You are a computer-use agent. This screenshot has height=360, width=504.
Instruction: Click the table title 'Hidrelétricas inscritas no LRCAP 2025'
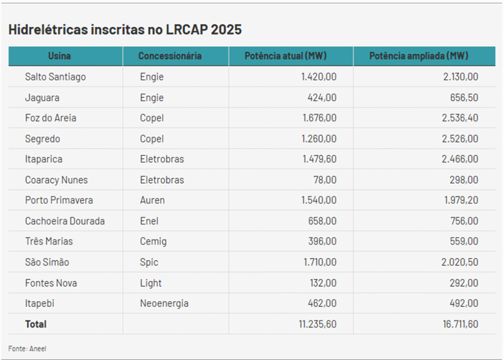coord(125,29)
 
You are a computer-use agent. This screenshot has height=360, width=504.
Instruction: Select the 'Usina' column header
coord(59,56)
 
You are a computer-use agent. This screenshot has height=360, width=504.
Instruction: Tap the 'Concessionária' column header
coord(170,56)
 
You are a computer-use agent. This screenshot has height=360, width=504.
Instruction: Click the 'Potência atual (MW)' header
coord(286,56)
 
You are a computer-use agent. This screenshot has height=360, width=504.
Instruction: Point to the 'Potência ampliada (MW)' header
coord(419,56)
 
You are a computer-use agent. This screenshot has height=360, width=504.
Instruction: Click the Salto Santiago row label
coord(55,77)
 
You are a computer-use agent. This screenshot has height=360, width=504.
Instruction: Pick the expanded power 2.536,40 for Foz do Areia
coord(460,118)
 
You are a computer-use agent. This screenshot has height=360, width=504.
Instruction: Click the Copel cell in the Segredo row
coord(152,139)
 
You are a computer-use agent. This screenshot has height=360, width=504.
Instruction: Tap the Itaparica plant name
coord(44,159)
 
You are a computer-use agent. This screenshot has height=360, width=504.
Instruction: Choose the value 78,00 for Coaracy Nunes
coord(325,180)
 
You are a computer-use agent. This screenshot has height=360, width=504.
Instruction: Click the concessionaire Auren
coord(152,200)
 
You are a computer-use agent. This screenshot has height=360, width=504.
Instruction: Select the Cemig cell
coord(153,241)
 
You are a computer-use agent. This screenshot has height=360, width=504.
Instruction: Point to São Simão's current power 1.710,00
coord(319,262)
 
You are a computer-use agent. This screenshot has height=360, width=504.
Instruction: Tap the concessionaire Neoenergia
coord(164,304)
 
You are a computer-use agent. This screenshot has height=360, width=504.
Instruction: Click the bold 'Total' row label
coord(36,324)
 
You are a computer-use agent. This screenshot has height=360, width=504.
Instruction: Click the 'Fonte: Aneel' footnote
coord(27,349)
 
